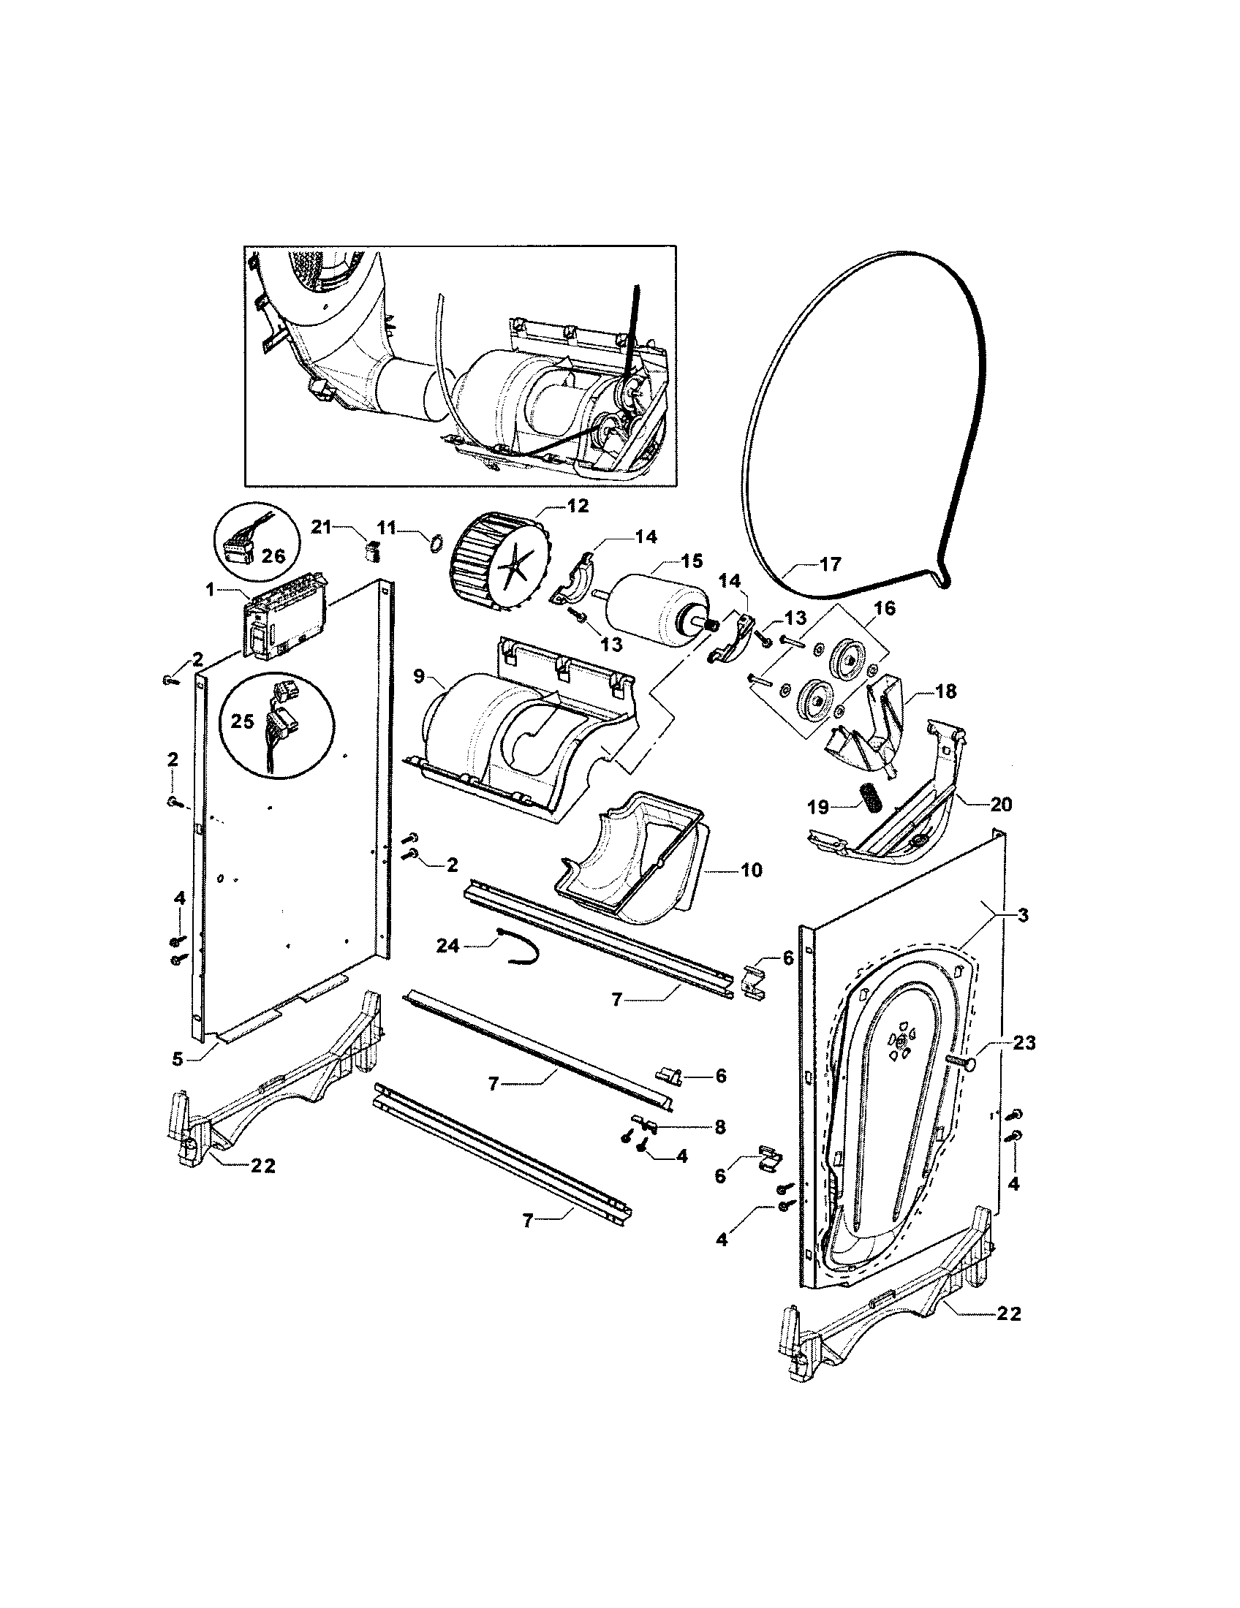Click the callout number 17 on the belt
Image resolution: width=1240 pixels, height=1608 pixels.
click(x=830, y=565)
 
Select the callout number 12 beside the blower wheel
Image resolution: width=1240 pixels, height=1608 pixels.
click(x=578, y=506)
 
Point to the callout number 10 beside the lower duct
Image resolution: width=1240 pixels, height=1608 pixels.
click(x=752, y=871)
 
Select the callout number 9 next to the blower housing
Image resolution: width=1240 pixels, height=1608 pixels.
click(x=418, y=676)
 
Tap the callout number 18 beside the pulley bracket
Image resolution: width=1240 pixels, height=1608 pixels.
click(x=946, y=691)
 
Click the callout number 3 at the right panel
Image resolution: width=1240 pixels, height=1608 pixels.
click(x=1023, y=915)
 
